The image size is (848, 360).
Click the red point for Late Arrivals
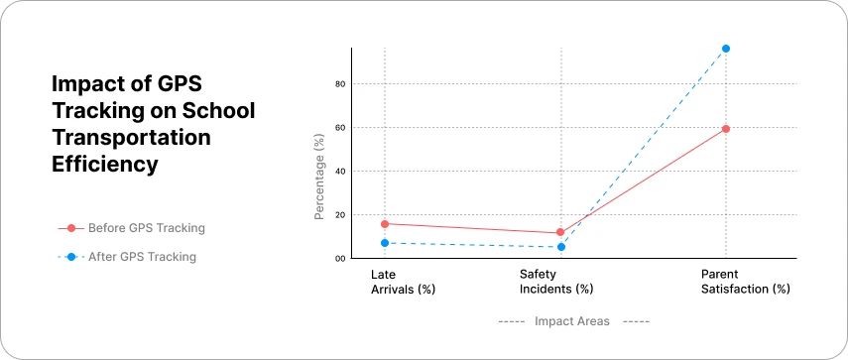[x=385, y=224]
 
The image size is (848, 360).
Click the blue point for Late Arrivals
[x=385, y=243]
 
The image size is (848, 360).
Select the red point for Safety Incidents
[x=560, y=232]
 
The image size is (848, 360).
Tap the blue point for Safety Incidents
[x=561, y=247]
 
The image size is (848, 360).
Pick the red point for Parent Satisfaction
[x=726, y=129]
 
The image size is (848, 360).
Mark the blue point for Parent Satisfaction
[x=726, y=49]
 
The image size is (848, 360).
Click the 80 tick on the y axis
[x=339, y=84]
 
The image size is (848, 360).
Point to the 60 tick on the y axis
[x=339, y=128]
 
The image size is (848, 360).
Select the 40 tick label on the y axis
[x=339, y=172]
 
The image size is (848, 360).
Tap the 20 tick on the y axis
[x=339, y=215]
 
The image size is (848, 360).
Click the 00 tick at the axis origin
[x=339, y=259]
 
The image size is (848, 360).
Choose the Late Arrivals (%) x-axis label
[x=403, y=282]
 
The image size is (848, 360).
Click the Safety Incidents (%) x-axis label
[x=556, y=282]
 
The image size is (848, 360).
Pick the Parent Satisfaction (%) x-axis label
[x=745, y=282]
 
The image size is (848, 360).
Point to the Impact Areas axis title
[x=572, y=321]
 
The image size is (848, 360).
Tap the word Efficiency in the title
[x=105, y=165]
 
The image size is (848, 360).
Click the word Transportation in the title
[x=131, y=138]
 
